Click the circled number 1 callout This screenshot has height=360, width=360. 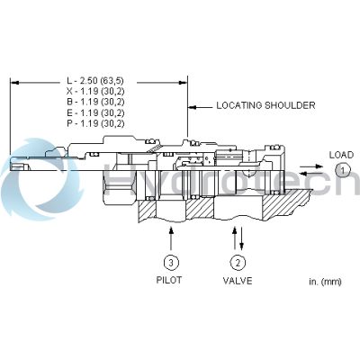341,171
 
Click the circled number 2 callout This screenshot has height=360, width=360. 237,263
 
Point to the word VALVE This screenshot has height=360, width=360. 237,282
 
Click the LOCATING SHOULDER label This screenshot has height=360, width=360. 265,105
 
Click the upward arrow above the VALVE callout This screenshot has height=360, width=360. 233,237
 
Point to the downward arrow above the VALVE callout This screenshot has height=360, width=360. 241,237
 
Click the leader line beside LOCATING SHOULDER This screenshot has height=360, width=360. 200,105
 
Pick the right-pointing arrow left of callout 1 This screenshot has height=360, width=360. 317,171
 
